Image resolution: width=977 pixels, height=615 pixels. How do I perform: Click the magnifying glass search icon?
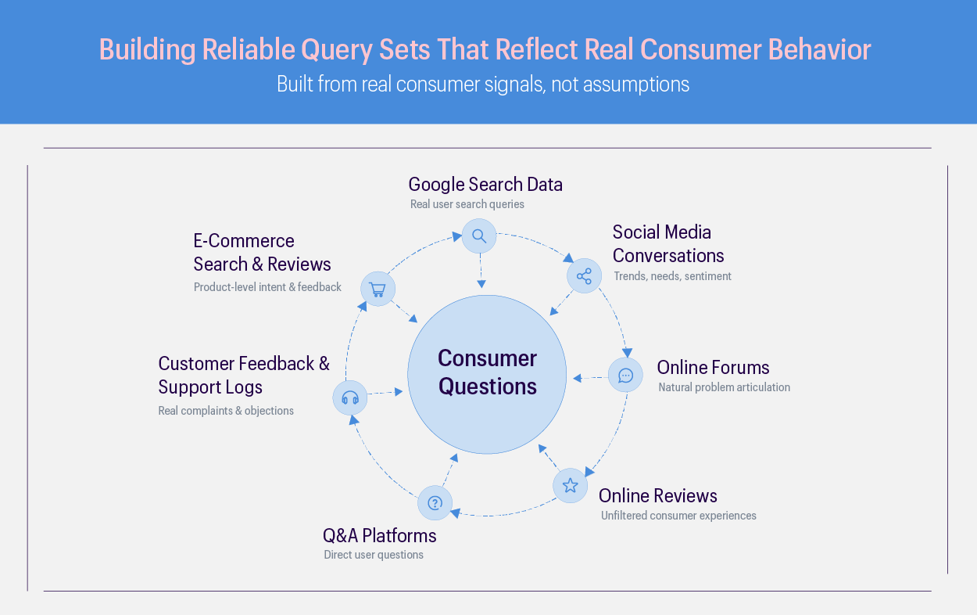[479, 236]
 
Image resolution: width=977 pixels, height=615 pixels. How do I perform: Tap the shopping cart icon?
[378, 289]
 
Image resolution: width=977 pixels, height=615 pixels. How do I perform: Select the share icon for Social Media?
[584, 276]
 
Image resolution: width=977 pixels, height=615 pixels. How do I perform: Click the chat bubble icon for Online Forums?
[625, 376]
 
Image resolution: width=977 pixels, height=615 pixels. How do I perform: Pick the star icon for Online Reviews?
[570, 485]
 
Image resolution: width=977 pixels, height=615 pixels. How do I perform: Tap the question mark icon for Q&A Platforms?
[435, 503]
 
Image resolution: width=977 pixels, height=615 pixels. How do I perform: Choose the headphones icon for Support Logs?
[350, 397]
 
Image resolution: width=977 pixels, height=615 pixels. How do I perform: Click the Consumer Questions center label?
[487, 372]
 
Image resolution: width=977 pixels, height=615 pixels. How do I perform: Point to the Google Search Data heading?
[485, 184]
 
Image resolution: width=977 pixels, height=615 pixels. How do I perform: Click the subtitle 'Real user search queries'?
[467, 204]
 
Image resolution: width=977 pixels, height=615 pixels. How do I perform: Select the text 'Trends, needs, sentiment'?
[672, 276]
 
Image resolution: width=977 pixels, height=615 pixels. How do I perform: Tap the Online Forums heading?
[713, 368]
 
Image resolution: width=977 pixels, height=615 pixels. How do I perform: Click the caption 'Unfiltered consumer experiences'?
[678, 516]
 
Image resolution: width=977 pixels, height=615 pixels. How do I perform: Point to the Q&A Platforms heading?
[379, 535]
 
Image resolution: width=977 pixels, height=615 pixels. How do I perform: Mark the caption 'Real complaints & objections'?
[226, 411]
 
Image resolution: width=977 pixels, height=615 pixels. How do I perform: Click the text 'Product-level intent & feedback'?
[267, 287]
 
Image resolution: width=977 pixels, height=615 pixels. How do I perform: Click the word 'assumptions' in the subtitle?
[636, 85]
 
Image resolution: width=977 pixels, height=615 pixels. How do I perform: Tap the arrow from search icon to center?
[481, 271]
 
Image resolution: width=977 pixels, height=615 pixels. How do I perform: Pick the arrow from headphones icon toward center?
[385, 393]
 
